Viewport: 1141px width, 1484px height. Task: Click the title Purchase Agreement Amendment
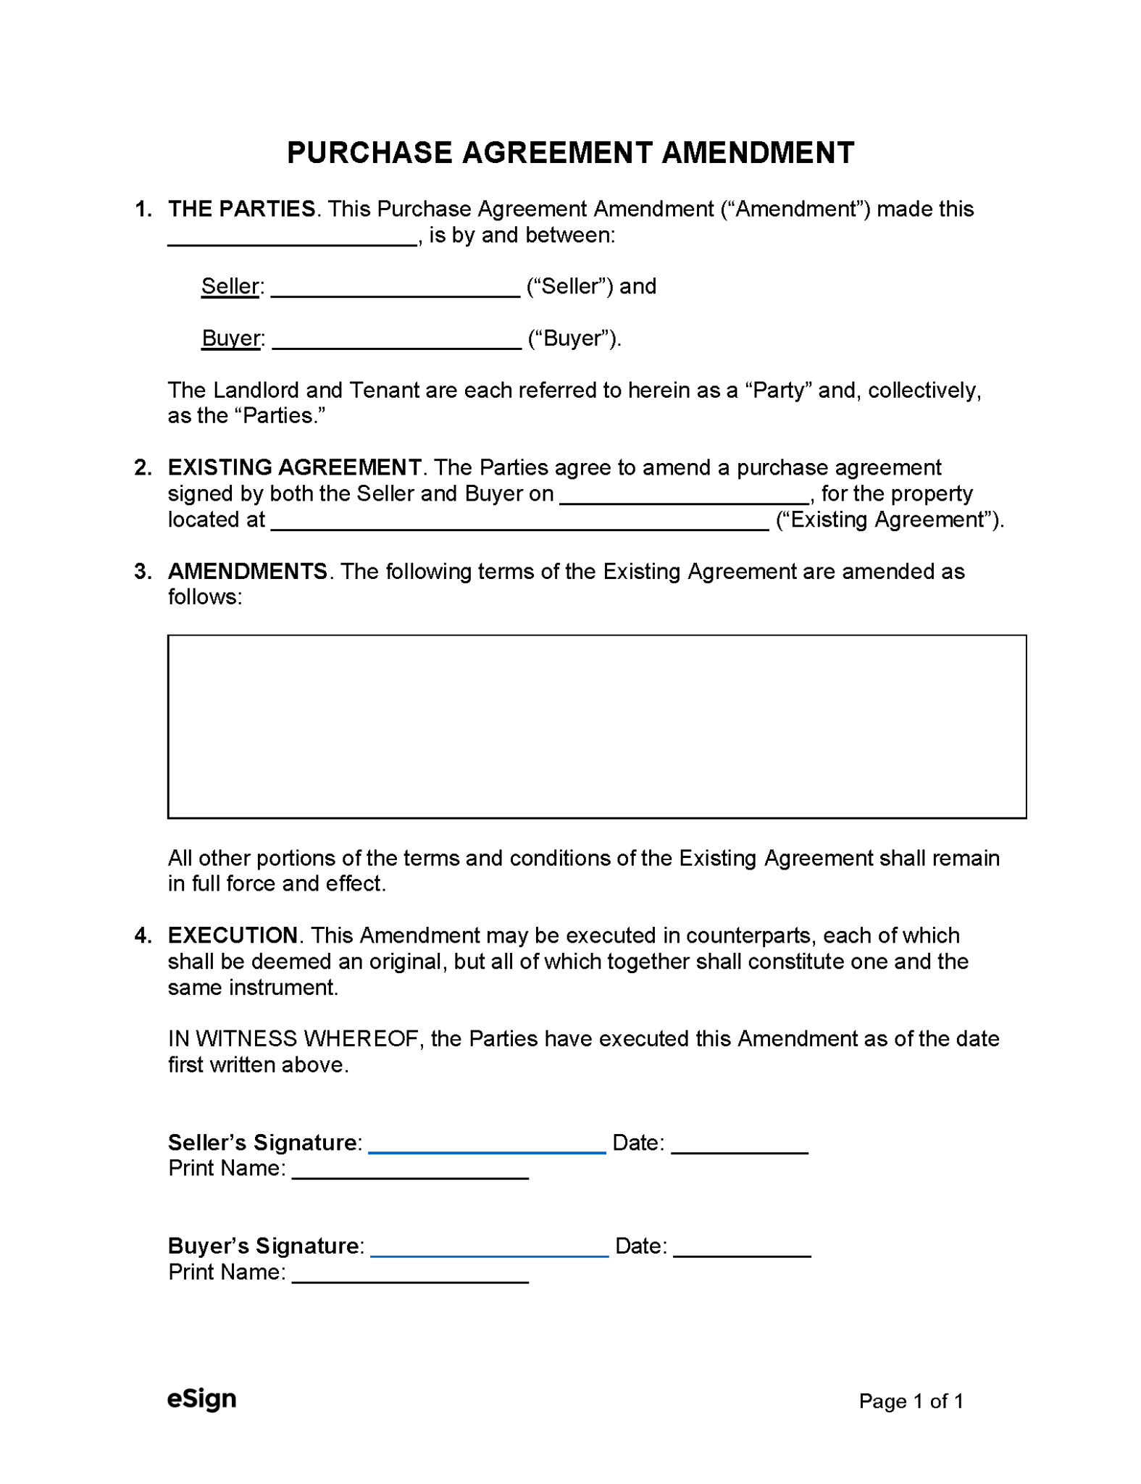[x=570, y=153]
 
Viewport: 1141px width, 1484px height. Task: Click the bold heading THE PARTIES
[x=241, y=209]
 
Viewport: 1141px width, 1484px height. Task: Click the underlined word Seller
[x=230, y=286]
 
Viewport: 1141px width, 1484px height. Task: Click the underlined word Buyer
[x=230, y=338]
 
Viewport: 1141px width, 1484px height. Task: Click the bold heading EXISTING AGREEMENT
[x=294, y=467]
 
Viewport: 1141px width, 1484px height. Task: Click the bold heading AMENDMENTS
[x=248, y=571]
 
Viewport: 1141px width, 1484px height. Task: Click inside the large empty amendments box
[x=596, y=726]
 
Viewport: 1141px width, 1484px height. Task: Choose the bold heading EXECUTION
[x=233, y=935]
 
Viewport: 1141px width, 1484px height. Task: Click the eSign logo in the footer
[x=201, y=1398]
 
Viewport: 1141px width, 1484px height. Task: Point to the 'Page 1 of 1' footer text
[x=911, y=1401]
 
